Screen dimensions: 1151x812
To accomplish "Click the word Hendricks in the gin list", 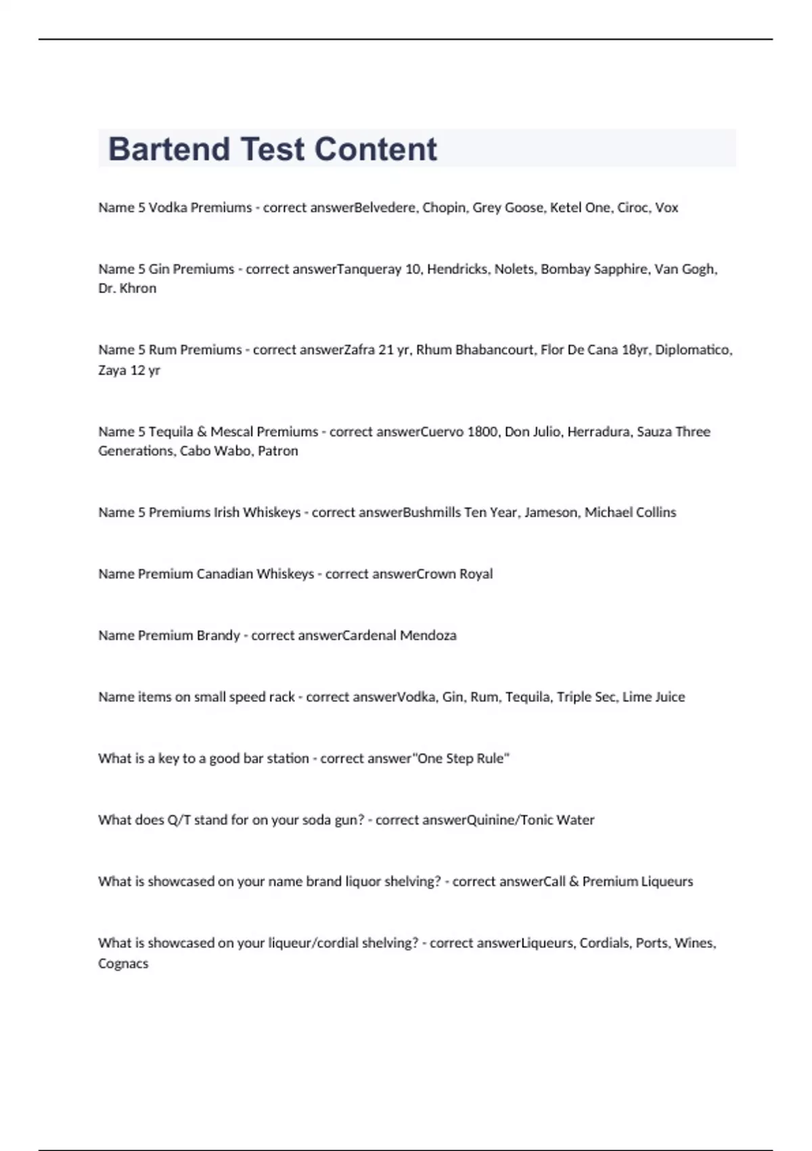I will [x=457, y=269].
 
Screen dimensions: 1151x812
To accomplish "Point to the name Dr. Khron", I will [x=127, y=288].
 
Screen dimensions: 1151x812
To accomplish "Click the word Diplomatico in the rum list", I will [x=693, y=350].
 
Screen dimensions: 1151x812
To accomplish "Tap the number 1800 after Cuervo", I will [x=482, y=432].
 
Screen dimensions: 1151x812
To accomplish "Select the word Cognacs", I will [x=123, y=963].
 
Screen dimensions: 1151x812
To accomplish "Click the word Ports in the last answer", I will [x=652, y=943].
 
